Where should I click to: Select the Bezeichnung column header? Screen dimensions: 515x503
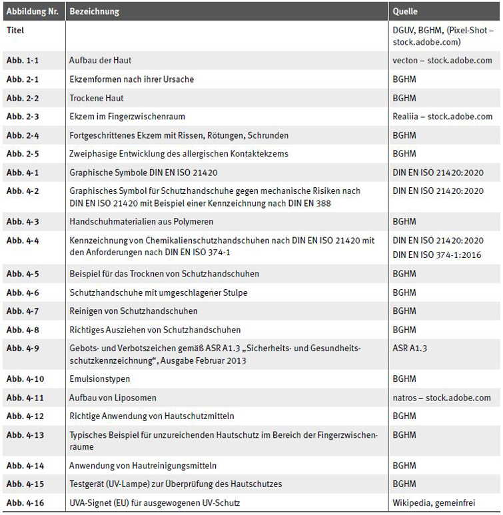[x=94, y=12]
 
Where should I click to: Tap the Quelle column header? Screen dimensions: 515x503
[x=405, y=12]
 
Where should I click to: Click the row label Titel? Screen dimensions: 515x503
[x=16, y=31]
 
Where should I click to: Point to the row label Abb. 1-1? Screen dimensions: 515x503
[x=22, y=61]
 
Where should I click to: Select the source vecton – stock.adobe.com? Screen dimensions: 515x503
[x=442, y=61]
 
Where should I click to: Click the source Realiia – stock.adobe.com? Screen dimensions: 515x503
[x=442, y=117]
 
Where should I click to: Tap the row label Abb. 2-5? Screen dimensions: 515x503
[x=22, y=154]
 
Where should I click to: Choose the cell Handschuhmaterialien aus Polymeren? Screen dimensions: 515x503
[x=141, y=221]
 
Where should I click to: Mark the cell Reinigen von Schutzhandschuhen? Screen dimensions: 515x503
[x=133, y=311]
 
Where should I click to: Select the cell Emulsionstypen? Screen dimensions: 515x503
[x=99, y=379]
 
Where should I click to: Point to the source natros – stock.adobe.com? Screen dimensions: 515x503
[x=442, y=398]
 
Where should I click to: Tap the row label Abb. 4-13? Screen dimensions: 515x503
[x=25, y=435]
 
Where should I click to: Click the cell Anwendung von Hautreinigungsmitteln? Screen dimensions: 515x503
[x=143, y=466]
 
